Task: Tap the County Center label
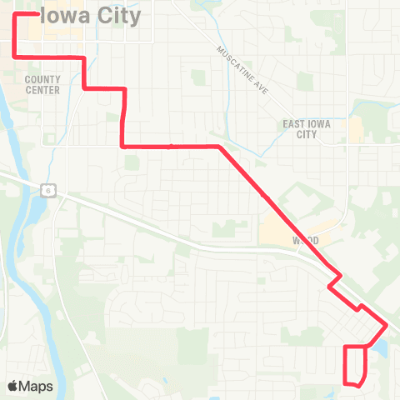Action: tap(42, 84)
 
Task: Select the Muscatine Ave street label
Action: tap(241, 70)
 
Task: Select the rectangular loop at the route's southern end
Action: tap(355, 365)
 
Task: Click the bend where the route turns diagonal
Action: tap(219, 147)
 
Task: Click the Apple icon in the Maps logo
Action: tap(13, 387)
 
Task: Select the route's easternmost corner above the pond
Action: tap(386, 324)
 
